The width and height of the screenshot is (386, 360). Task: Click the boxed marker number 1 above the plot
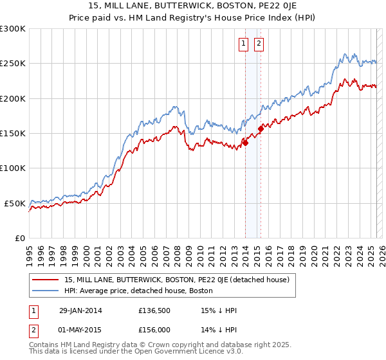point(244,44)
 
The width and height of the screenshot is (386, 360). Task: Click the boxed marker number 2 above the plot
point(259,44)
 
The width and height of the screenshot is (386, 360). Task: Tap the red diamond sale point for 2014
point(245,143)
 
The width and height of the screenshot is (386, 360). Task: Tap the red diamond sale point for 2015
point(261,129)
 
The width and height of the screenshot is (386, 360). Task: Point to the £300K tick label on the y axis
point(13,29)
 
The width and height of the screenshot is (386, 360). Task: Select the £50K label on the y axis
point(15,203)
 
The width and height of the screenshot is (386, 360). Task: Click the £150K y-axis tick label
point(13,134)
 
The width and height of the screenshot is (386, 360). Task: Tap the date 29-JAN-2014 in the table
point(76,310)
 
